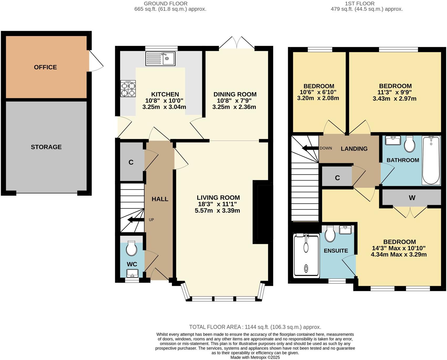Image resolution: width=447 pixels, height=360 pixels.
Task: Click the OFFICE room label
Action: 45,67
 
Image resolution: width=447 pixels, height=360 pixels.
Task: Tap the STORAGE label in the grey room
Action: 46,147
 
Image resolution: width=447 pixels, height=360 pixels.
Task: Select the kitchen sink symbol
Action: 161,58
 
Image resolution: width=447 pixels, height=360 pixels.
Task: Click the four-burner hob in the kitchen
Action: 128,89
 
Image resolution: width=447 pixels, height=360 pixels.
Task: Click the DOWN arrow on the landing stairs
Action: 310,148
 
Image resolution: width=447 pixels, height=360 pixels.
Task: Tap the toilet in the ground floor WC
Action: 131,248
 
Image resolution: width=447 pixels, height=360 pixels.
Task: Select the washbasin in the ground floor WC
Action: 132,273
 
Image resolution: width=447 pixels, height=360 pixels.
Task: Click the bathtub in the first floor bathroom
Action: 431,160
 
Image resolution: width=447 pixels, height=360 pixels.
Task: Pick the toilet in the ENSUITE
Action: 330,234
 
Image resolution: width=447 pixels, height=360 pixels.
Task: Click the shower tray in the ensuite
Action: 306,255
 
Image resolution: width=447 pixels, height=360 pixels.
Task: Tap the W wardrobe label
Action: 412,198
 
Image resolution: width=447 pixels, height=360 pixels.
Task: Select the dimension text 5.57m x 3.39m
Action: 217,210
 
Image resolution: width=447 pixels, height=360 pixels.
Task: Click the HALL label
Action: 160,199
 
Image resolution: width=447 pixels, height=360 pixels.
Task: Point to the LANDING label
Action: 354,149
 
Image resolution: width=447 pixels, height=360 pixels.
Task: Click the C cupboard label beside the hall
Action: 131,162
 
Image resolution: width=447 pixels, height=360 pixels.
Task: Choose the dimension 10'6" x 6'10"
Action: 318,92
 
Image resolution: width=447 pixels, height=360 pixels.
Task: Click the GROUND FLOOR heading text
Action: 165,3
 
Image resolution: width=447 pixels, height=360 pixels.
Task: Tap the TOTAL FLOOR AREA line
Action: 255,327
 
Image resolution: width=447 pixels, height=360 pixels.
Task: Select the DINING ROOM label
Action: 235,94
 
